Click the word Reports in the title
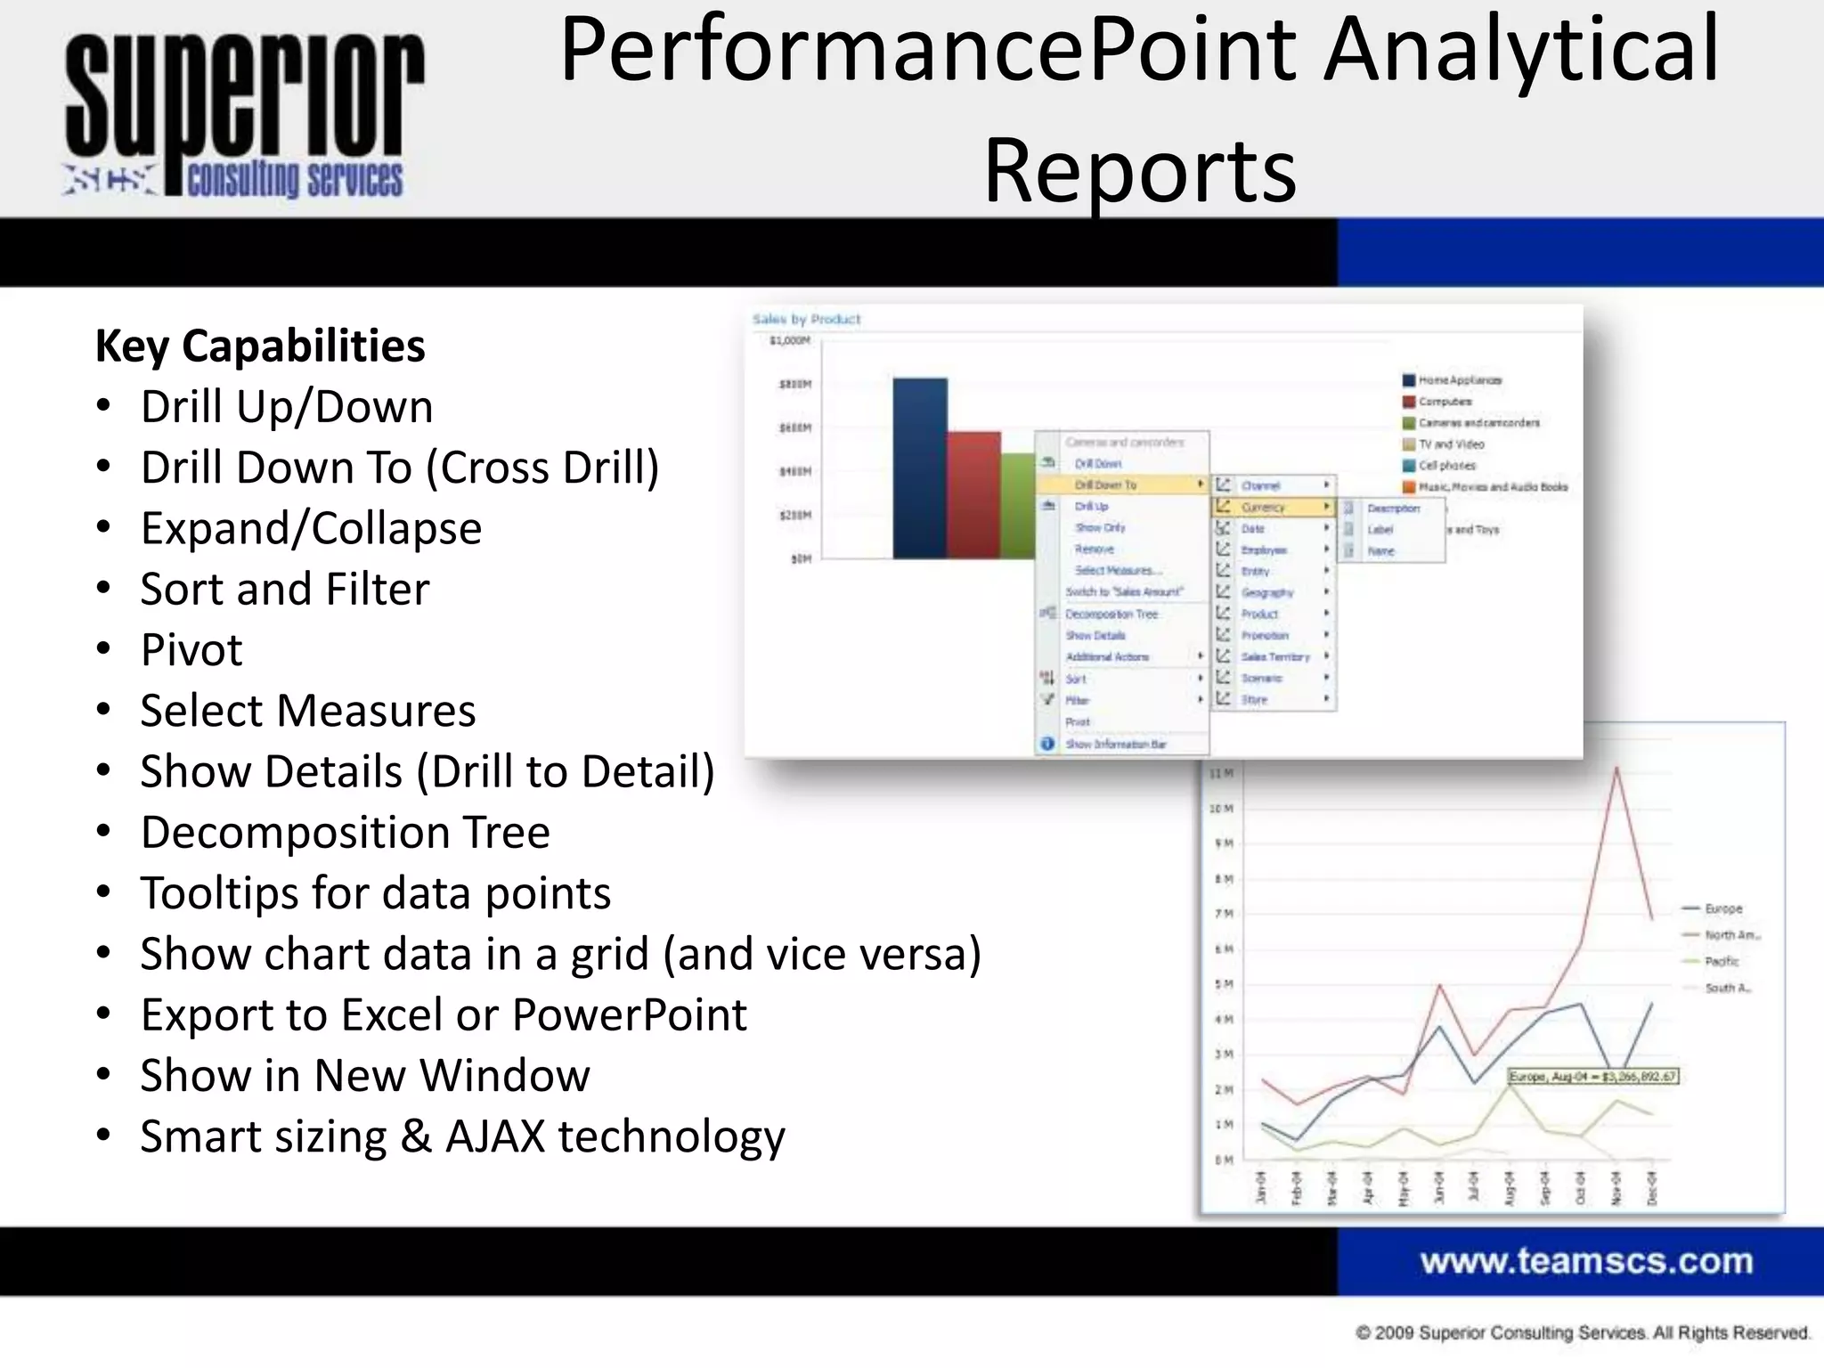(x=1139, y=171)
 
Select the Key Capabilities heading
(x=260, y=346)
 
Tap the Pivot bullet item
(x=191, y=649)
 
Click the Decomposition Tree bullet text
(x=345, y=832)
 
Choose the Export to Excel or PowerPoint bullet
(x=443, y=1014)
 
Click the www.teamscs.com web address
(x=1586, y=1261)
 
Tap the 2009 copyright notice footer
(x=1583, y=1332)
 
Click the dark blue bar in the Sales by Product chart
(x=919, y=468)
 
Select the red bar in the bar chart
(x=973, y=495)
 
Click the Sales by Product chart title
(x=806, y=319)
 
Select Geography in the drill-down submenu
(x=1266, y=592)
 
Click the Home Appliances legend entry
(x=1459, y=380)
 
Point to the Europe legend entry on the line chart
(x=1722, y=908)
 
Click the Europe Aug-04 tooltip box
(x=1592, y=1077)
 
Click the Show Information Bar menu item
(x=1115, y=744)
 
